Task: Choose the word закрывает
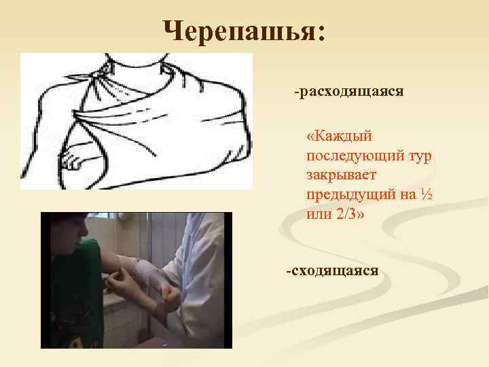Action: click(340, 175)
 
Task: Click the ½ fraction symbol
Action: click(427, 194)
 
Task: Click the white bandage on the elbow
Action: click(146, 272)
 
